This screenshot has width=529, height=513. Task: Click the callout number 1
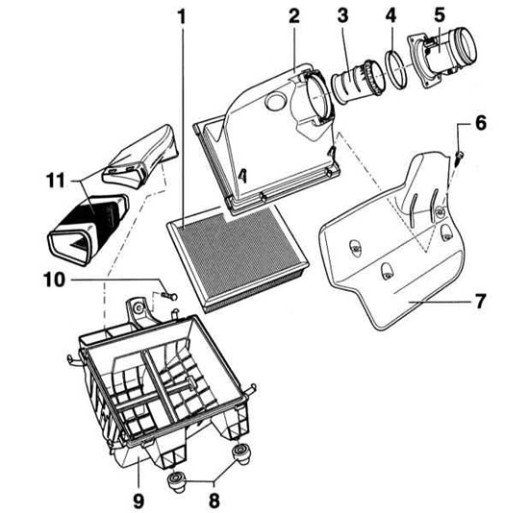pyautogui.click(x=182, y=17)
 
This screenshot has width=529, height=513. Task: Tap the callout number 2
pyautogui.click(x=294, y=16)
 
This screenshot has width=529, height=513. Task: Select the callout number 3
pyautogui.click(x=342, y=16)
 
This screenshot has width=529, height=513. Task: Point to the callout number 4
pyautogui.click(x=390, y=15)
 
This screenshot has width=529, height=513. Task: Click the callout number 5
pyautogui.click(x=440, y=15)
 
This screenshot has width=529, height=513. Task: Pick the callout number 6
pyautogui.click(x=480, y=123)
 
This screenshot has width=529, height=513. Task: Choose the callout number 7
pyautogui.click(x=480, y=301)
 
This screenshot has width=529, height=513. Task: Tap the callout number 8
pyautogui.click(x=214, y=501)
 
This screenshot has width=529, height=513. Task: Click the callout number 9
pyautogui.click(x=139, y=501)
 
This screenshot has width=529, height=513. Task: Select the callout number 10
pyautogui.click(x=54, y=280)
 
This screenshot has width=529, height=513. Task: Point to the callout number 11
pyautogui.click(x=56, y=181)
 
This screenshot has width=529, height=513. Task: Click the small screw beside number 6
pyautogui.click(x=459, y=158)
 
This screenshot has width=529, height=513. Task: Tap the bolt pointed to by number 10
pyautogui.click(x=169, y=296)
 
